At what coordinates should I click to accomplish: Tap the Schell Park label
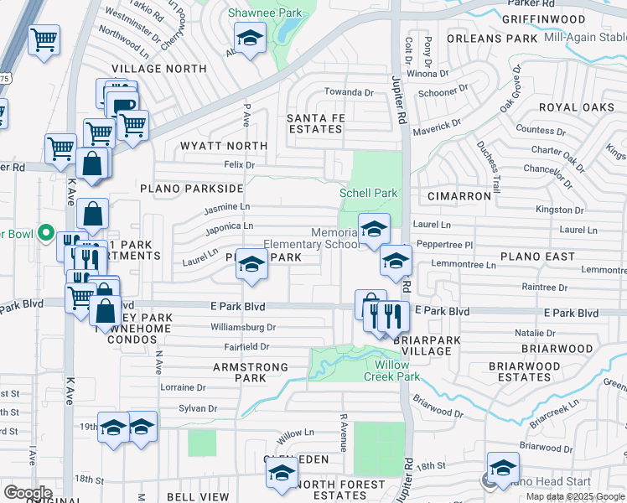click(368, 193)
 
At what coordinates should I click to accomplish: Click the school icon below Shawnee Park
click(250, 39)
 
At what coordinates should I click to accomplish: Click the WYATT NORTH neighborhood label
click(224, 146)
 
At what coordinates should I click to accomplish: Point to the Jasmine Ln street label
click(227, 206)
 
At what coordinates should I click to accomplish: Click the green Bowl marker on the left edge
click(46, 234)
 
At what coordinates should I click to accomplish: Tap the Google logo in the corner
click(27, 493)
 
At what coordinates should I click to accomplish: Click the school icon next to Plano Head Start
click(503, 467)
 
